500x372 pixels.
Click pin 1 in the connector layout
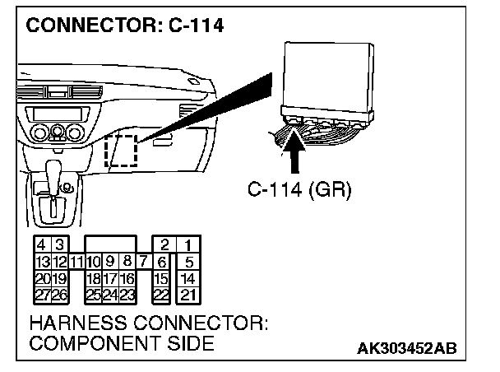[x=189, y=245]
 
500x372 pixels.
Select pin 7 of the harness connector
[x=144, y=262]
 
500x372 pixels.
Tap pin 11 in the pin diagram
[x=76, y=262]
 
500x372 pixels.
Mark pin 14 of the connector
[x=189, y=278]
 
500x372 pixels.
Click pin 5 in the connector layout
[x=189, y=262]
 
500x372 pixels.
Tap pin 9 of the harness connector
[x=111, y=262]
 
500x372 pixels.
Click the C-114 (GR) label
[x=299, y=191]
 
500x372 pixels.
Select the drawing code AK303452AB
[x=418, y=349]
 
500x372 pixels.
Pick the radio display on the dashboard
[x=54, y=112]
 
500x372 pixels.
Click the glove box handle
[x=162, y=142]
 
